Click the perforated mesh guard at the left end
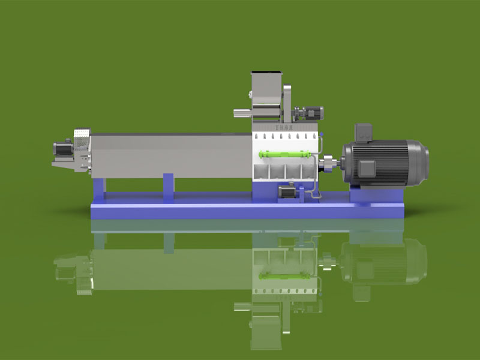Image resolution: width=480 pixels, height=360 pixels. point(80,137)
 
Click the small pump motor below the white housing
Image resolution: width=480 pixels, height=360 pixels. point(287,192)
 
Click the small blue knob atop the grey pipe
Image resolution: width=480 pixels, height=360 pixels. point(322,134)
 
